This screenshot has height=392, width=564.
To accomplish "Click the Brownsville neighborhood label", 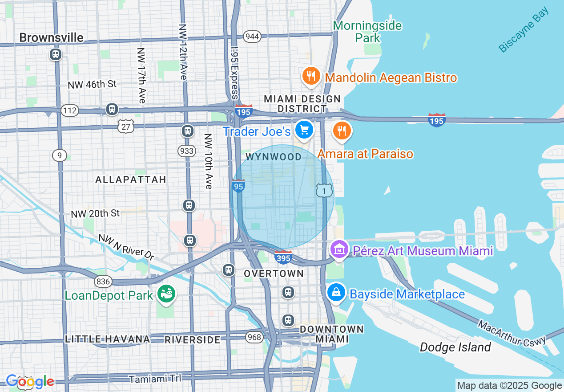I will point(51,38).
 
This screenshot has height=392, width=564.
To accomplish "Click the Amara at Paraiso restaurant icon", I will point(342,131).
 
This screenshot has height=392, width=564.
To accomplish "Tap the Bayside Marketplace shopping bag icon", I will point(336,293).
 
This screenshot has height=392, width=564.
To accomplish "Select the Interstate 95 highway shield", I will point(238,186).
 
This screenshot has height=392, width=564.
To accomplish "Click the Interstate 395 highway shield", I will point(283,257).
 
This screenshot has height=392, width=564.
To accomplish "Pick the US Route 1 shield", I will point(324,191).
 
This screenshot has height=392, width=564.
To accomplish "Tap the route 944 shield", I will point(252,37).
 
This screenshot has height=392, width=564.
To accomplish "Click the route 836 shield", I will point(102,281).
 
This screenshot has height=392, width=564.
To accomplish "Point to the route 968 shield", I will point(254,337).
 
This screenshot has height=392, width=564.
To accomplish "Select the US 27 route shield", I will point(126,126).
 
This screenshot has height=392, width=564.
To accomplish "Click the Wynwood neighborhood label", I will point(273,157).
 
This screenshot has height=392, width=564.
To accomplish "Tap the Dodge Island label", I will point(455,347).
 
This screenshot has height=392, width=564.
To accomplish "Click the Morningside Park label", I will point(367,32).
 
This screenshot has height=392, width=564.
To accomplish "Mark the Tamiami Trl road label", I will point(155,379).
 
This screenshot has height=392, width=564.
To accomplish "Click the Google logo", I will point(30,381).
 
